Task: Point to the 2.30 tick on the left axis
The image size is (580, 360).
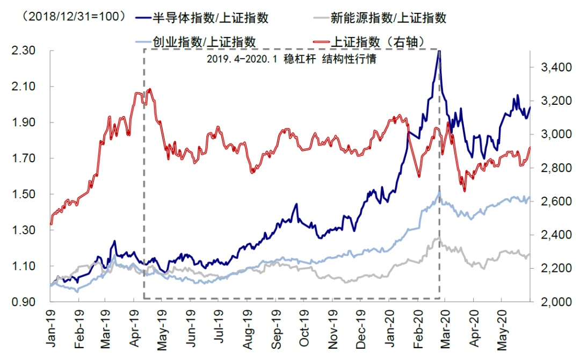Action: click(x=24, y=51)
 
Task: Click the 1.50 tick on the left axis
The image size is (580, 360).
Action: click(x=24, y=195)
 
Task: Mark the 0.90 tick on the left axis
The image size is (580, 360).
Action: click(x=24, y=302)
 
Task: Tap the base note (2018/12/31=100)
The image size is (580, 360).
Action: click(x=72, y=17)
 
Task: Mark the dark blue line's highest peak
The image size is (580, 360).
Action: click(x=439, y=52)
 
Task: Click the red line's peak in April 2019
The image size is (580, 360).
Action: click(x=149, y=89)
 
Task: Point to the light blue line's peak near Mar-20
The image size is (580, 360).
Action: click(x=439, y=192)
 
